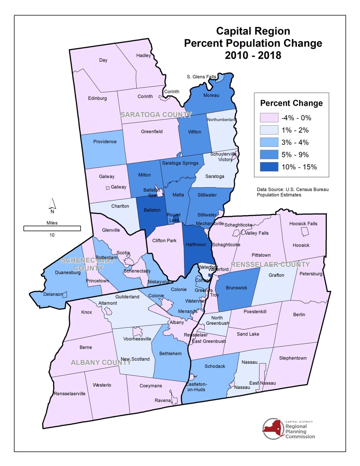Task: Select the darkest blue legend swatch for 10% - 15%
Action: click(269, 167)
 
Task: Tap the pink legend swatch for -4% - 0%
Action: click(269, 118)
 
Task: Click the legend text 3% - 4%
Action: click(295, 142)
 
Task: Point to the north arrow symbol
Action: click(52, 204)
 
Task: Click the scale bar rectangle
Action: click(52, 228)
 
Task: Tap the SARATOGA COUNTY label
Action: click(156, 115)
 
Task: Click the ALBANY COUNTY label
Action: click(101, 363)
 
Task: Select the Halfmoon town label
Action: click(196, 245)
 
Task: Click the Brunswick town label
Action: click(236, 288)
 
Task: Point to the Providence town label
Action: click(105, 142)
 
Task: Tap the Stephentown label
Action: click(293, 358)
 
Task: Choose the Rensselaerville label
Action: click(69, 394)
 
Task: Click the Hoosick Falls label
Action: click(303, 224)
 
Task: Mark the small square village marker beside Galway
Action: click(107, 188)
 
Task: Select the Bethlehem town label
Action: click(170, 354)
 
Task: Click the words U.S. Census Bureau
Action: click(307, 190)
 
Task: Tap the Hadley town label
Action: click(143, 56)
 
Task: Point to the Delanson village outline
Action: click(65, 294)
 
